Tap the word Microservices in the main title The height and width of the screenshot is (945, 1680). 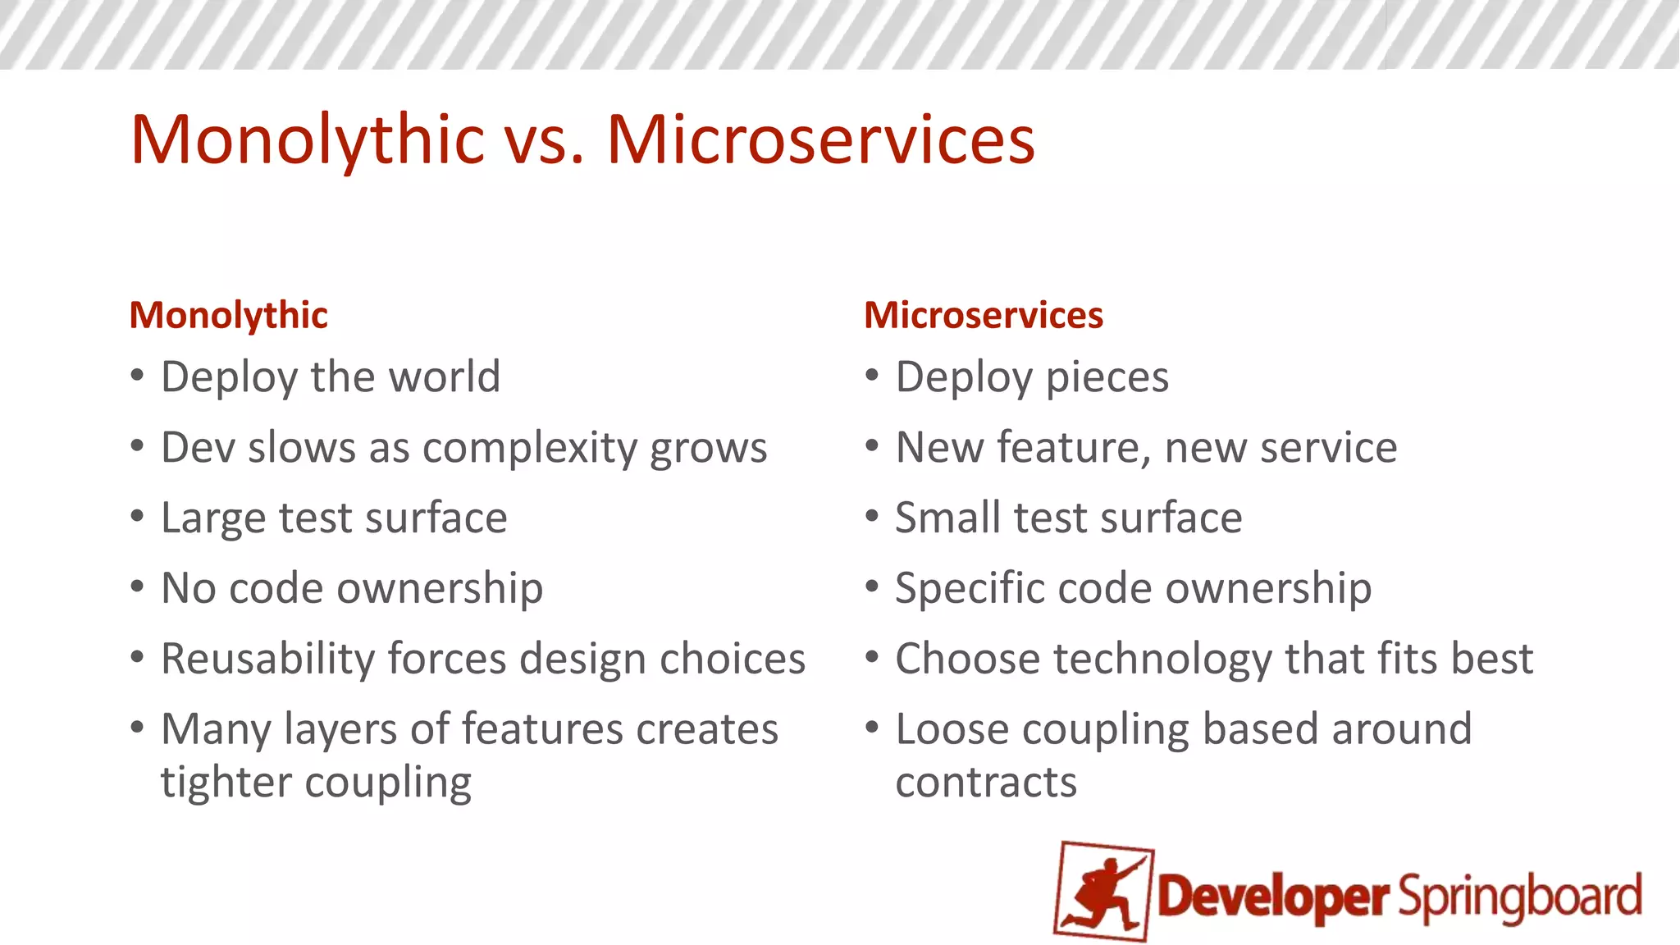pos(820,140)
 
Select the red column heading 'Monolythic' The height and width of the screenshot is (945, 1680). pos(228,316)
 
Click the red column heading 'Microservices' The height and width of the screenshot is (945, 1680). pos(983,316)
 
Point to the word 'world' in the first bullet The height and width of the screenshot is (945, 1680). pos(444,377)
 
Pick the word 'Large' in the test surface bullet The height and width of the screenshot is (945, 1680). pos(213,518)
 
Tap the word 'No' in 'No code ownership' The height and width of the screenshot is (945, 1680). pos(188,588)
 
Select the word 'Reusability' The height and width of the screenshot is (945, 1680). pos(267,659)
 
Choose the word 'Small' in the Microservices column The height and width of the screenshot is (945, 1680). pos(947,518)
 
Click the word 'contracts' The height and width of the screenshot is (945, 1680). pos(985,783)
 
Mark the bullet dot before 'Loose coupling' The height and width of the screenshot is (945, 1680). pos(872,728)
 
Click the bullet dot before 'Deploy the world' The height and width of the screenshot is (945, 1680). pos(137,376)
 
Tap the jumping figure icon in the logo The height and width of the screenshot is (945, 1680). pos(1104,892)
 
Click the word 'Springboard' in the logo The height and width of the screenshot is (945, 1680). pos(1519,897)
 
